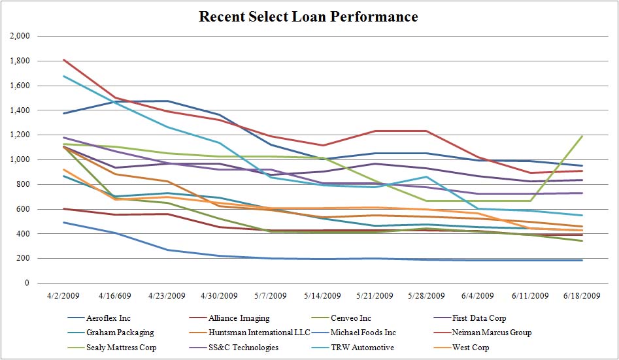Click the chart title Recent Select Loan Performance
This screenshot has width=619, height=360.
pos(309,16)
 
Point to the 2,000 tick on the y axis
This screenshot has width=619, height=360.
pos(20,37)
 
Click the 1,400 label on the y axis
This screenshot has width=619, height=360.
pos(20,110)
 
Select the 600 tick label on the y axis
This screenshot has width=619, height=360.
pos(24,209)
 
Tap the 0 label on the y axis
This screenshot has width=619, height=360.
pos(27,283)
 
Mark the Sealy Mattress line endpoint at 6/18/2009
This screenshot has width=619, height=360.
pos(582,136)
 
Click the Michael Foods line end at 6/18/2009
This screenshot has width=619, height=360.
pos(582,261)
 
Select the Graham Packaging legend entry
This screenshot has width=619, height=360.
pos(120,333)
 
